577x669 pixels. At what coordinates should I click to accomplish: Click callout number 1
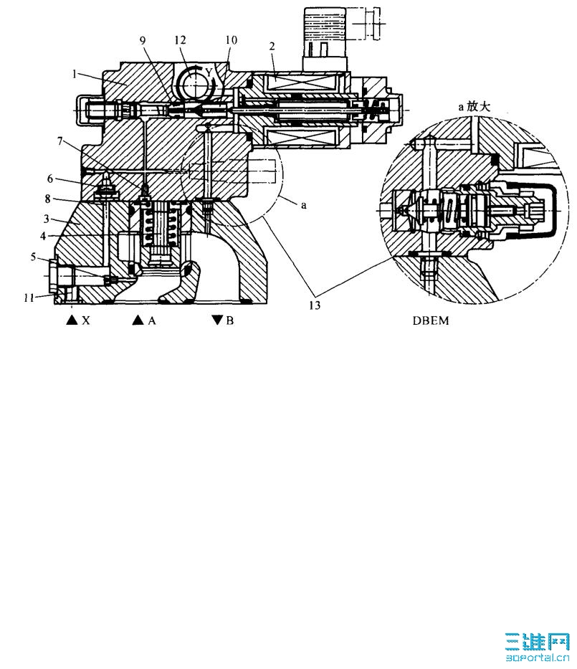pos(75,75)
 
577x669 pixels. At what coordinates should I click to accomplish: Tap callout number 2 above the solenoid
pos(272,46)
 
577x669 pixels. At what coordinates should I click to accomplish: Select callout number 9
pos(143,40)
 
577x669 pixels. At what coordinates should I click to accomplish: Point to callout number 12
pos(181,40)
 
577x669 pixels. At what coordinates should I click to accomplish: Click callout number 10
pos(231,40)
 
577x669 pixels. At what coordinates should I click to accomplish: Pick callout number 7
pos(60,141)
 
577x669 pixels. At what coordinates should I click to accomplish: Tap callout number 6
pos(50,179)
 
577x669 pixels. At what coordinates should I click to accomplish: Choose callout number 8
pos(48,199)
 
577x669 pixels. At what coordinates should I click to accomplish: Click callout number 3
pos(47,219)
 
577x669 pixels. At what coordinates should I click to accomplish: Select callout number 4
pos(43,235)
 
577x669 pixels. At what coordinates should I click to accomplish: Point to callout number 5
pos(33,257)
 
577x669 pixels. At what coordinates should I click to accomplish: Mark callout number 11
pos(29,298)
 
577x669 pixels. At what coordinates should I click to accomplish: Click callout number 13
pos(315,305)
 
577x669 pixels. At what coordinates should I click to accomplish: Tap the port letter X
pos(86,321)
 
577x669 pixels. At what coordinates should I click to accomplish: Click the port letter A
pos(152,321)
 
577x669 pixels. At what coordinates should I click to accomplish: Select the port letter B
pos(230,321)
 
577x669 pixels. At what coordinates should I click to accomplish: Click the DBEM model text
pos(431,321)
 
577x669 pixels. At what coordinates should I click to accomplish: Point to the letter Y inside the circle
pos(209,72)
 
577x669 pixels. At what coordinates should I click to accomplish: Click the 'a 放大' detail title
pos(475,106)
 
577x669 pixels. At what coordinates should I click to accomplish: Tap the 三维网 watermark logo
pos(538,647)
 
